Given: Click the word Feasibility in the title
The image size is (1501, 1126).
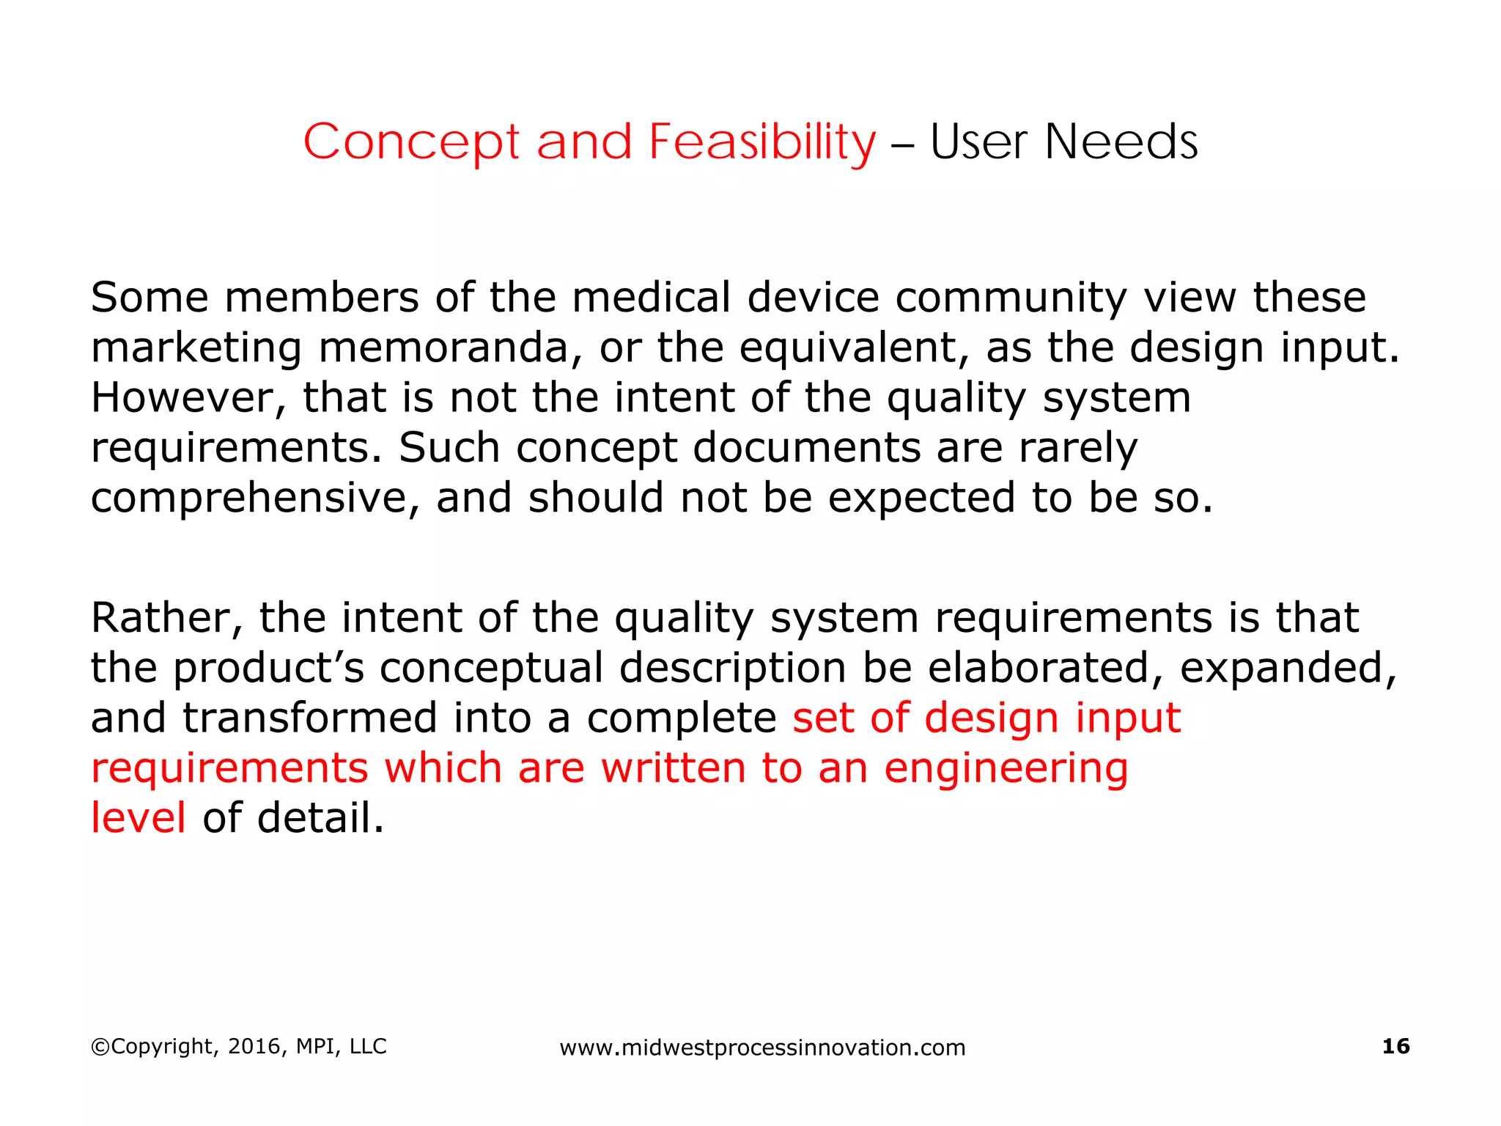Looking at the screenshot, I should (762, 141).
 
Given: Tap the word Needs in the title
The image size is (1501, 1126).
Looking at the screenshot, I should (1121, 141).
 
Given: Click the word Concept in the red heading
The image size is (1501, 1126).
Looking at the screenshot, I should (411, 141).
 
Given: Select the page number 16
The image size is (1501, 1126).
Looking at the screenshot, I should (1395, 1046).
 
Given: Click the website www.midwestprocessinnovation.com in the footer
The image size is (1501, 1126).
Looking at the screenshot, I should (762, 1048).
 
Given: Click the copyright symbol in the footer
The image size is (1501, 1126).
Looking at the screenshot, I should (100, 1047).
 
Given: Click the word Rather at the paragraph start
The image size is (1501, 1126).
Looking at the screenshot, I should (166, 617).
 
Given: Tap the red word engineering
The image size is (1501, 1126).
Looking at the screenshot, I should (1006, 768).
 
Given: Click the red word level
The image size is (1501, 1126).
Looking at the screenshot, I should (138, 818).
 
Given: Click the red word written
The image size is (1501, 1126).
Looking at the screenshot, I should (673, 768).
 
